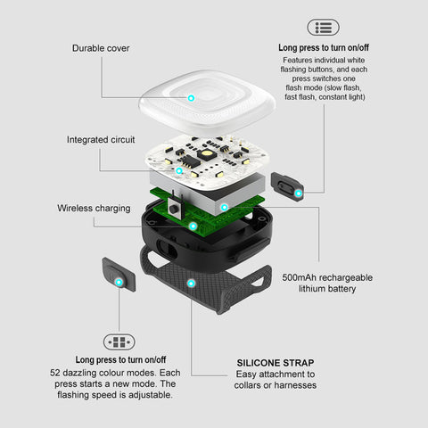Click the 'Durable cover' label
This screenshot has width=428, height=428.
coord(101,48)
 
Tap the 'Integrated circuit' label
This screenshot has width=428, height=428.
coord(101,140)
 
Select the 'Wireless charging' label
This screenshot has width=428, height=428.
coord(94,209)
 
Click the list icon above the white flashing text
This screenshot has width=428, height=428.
coord(323,28)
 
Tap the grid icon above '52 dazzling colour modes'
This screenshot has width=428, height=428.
coord(119,342)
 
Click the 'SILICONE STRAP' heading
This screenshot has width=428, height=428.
coord(276,363)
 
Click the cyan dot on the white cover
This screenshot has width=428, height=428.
coord(192,98)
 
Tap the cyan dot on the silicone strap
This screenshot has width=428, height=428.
coord(191,284)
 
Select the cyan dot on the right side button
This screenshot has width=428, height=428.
coord(299,193)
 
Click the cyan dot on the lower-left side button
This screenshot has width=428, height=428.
coord(119,282)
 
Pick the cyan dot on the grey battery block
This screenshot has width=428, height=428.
coord(225,208)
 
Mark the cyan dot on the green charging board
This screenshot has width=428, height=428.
coord(193,226)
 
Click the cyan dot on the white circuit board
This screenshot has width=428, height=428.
coord(179,170)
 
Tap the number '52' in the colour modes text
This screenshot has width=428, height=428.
coord(55,373)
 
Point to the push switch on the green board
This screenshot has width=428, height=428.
coord(174,207)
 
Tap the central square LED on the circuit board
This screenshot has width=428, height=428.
coord(206,154)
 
